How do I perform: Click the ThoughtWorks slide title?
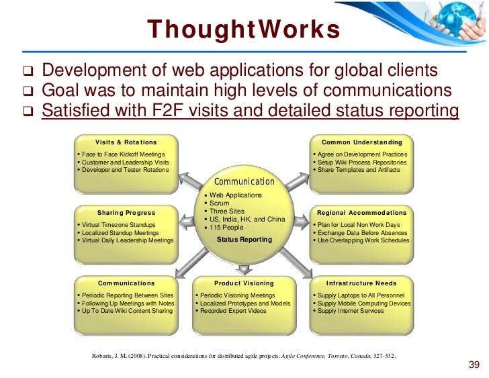[x=244, y=30]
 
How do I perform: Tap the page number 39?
[x=473, y=365]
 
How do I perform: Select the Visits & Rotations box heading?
[x=126, y=142]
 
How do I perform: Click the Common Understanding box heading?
[x=362, y=142]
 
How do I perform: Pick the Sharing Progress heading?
[x=126, y=213]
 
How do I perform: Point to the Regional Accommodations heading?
[x=361, y=213]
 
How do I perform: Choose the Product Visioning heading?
[x=243, y=283]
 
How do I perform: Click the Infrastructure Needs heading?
[x=361, y=283]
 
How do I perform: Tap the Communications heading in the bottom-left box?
[x=126, y=283]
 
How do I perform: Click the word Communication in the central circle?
[x=244, y=181]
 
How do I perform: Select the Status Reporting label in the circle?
[x=244, y=240]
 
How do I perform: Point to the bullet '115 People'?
[x=228, y=228]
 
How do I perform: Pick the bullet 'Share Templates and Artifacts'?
[x=359, y=170]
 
